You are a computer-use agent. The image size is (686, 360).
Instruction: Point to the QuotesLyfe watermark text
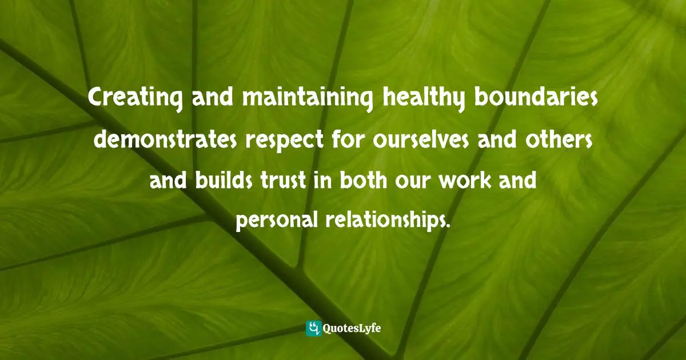pyautogui.click(x=353, y=329)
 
